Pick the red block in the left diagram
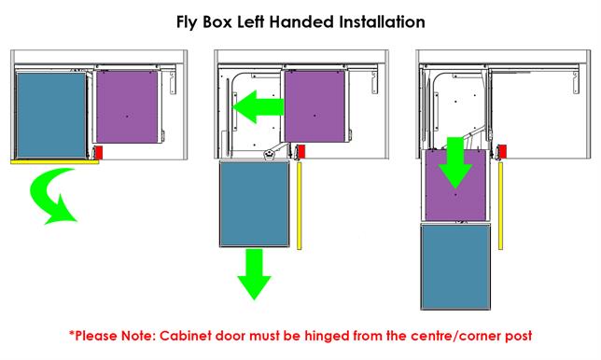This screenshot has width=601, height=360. [96, 151]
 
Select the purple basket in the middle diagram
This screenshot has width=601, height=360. [314, 104]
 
